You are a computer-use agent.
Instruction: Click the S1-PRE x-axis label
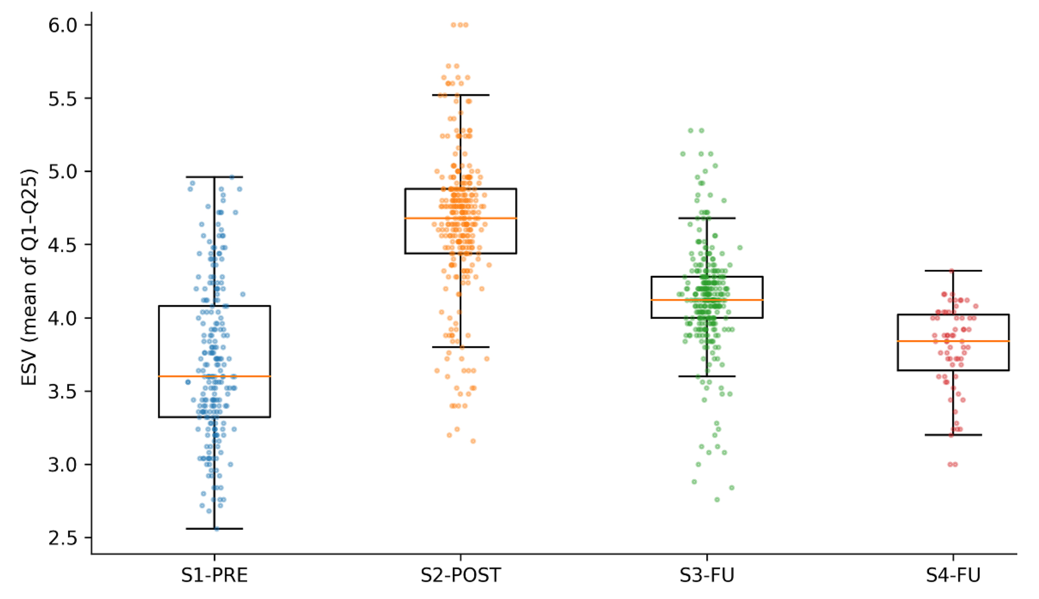214,575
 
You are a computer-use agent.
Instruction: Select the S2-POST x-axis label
461,575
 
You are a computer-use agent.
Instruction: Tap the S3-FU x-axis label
707,575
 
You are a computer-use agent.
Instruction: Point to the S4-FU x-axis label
953,575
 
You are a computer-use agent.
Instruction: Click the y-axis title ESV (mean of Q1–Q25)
29,278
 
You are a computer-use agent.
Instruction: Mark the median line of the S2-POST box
461,218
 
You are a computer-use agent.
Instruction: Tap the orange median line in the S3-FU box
707,300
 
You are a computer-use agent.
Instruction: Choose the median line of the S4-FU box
953,341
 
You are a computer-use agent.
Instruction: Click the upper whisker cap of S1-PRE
214,177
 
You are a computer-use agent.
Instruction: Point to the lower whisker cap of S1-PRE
214,529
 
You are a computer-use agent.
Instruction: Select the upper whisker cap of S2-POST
461,95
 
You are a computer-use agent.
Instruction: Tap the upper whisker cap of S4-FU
953,271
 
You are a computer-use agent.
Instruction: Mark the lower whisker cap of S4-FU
953,435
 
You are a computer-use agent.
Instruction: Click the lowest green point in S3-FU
717,499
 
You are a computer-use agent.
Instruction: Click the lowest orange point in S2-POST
473,441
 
